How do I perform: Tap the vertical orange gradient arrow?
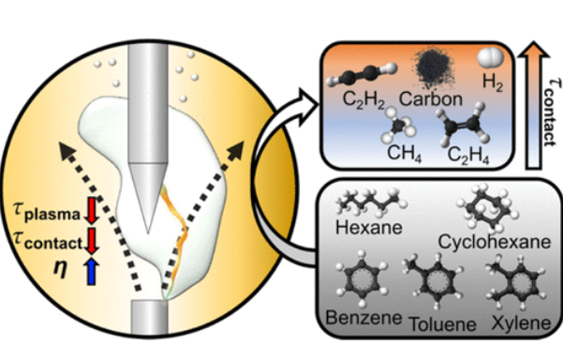[542, 113]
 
